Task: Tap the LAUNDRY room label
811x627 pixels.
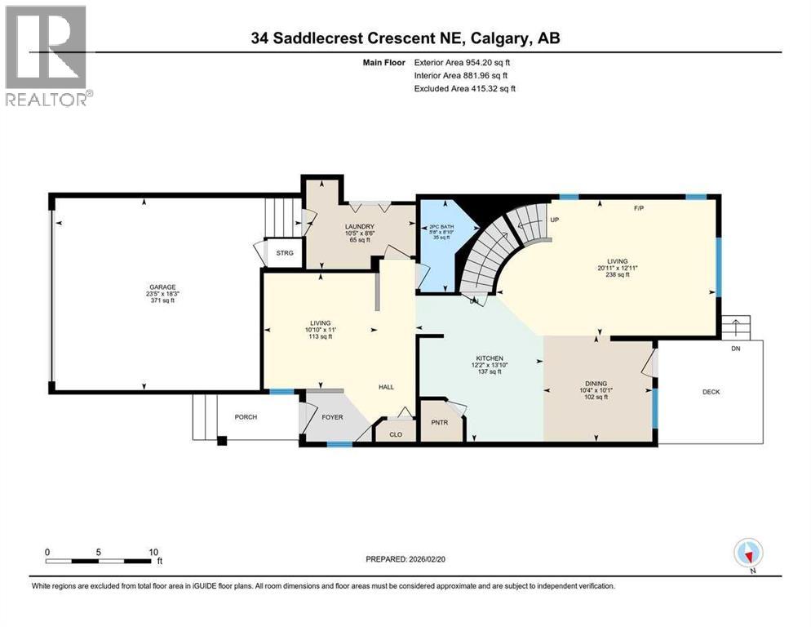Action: tap(359, 226)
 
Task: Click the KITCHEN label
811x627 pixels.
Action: tap(490, 358)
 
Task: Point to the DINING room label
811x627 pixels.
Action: tap(596, 382)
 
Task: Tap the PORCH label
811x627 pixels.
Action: tap(246, 417)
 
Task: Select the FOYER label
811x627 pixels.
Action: tap(332, 417)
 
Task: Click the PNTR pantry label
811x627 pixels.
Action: tap(440, 423)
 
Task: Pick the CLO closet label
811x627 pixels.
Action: tap(396, 434)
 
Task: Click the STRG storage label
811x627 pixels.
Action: tap(285, 252)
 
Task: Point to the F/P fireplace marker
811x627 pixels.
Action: tap(639, 208)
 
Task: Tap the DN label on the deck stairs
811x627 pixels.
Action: tap(736, 348)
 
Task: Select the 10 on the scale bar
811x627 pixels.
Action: tap(153, 552)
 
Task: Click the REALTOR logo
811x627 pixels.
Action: tap(47, 56)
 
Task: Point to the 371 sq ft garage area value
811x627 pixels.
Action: tap(161, 301)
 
